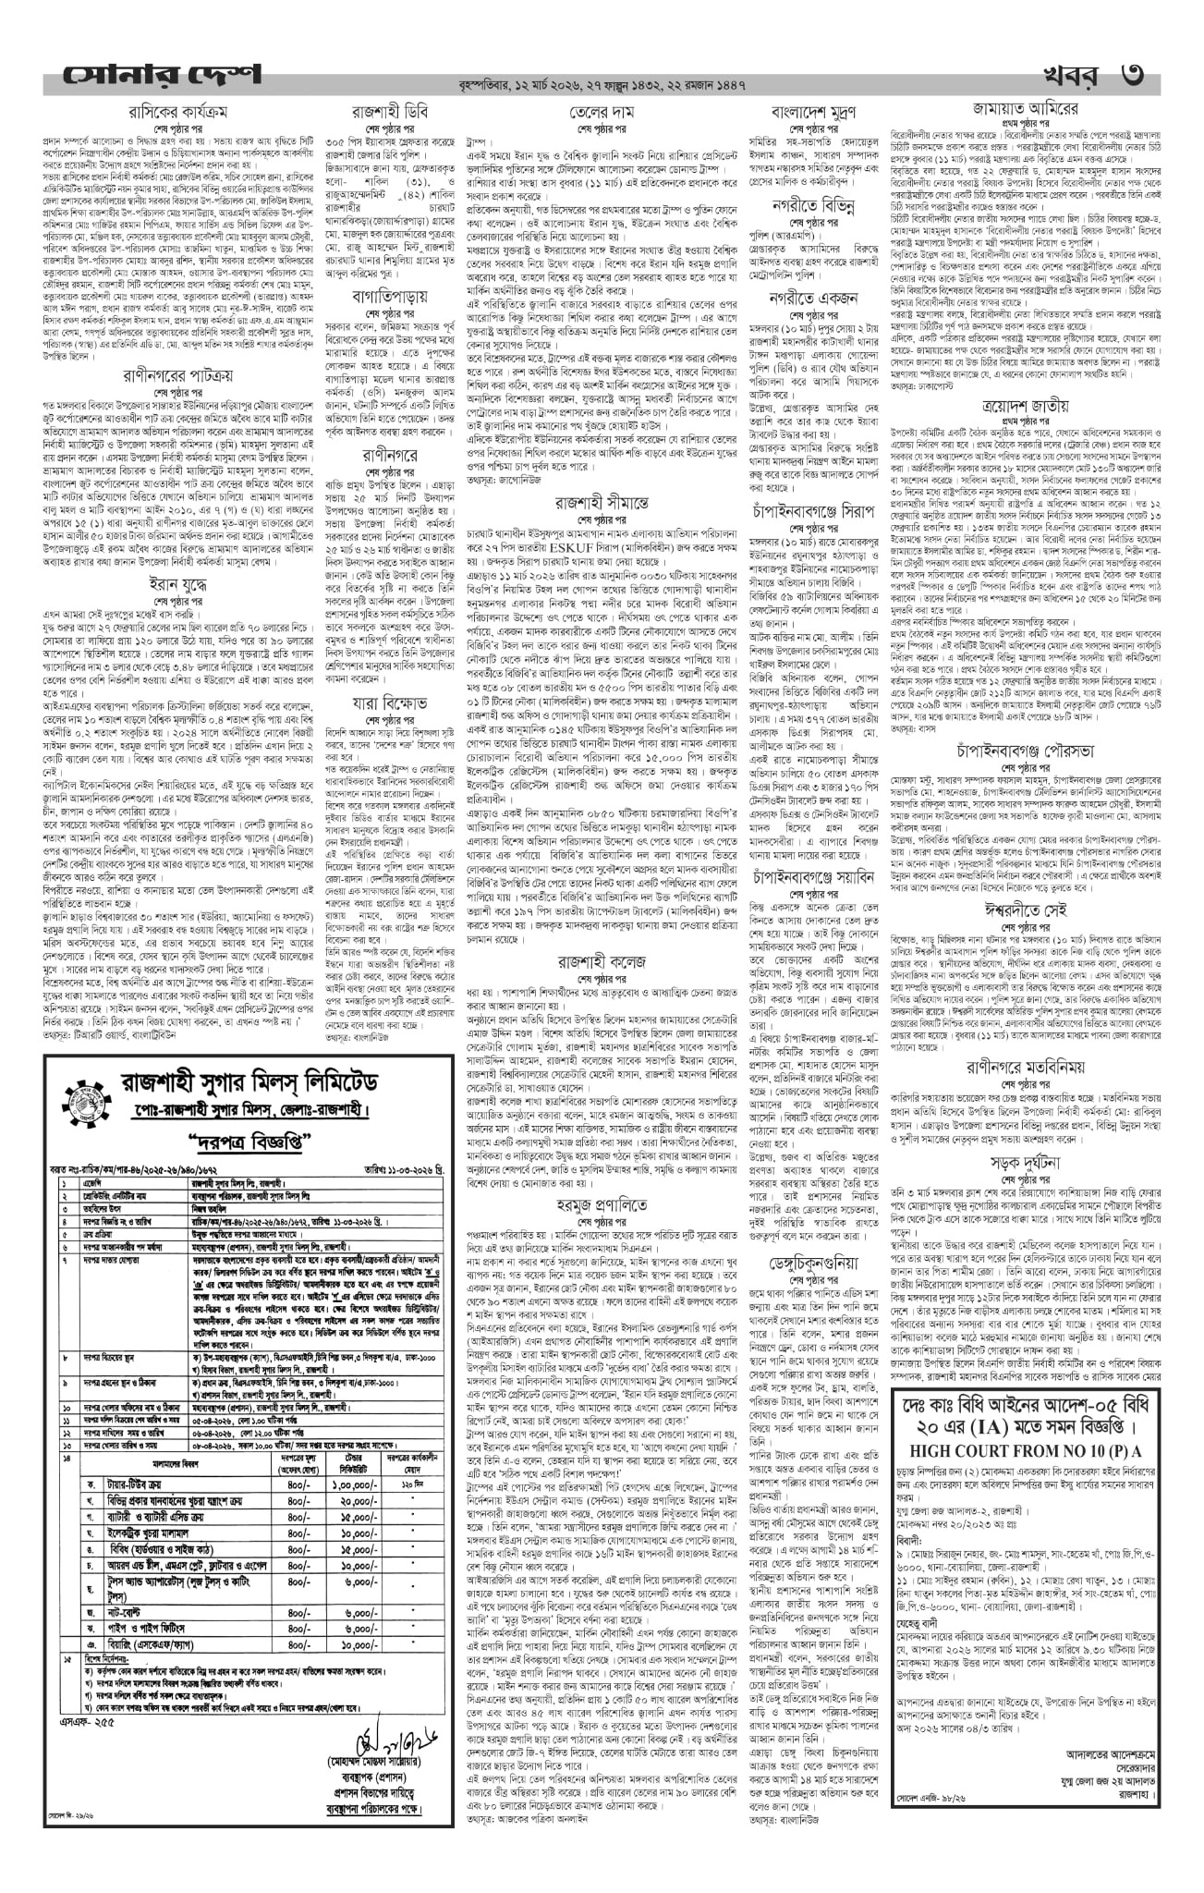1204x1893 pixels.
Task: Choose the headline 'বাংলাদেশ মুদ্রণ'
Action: pos(814,112)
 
